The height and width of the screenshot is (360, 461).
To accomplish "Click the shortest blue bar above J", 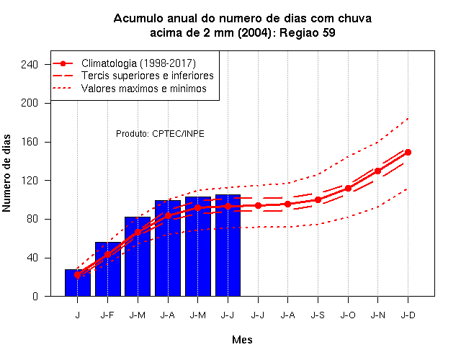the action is point(78,283).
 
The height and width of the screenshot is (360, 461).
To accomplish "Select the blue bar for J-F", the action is point(108,269).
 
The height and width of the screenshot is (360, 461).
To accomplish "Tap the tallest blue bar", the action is point(228,245).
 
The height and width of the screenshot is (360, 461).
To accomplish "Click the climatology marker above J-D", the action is point(408,152).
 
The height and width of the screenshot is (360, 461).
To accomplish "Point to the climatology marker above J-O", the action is point(348,188).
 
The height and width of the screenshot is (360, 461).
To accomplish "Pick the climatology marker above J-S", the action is point(318,200).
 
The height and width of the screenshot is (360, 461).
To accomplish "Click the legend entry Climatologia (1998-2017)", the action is point(138,63).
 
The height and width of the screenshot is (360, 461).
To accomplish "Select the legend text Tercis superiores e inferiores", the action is point(147,76).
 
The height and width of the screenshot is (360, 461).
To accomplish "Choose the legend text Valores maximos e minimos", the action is point(144,89).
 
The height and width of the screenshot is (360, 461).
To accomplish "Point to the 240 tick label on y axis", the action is point(30,64).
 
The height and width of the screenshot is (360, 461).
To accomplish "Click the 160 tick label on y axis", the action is point(30,142).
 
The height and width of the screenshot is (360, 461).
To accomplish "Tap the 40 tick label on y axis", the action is point(32,258).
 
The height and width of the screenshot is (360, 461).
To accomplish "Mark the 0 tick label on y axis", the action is point(35,296).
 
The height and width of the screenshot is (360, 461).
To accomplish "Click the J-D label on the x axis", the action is point(408,315).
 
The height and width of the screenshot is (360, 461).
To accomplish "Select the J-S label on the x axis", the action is point(318,315).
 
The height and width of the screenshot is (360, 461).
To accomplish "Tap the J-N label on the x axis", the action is point(377,315).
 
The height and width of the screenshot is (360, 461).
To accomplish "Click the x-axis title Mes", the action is point(242,340).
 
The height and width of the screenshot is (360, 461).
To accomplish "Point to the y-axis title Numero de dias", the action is point(6,173).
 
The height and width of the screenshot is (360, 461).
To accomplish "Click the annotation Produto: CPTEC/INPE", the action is point(160,134).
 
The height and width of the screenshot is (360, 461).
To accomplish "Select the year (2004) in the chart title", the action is point(254,32).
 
